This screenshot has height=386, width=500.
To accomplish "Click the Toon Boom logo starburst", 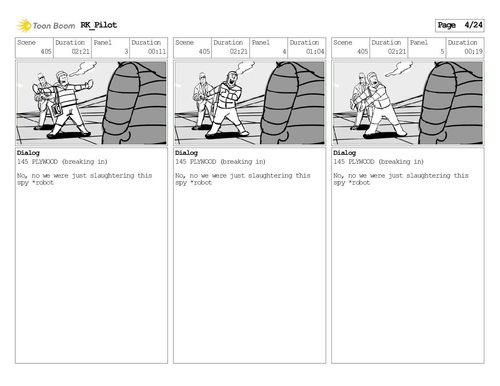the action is (24, 26).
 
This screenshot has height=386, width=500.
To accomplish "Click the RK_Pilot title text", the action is (99, 25).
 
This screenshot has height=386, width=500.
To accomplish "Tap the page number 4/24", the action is (473, 25).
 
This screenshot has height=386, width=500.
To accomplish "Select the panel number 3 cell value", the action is (126, 51).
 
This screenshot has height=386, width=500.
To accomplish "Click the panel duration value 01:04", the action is (315, 51).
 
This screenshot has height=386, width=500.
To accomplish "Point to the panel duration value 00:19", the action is (473, 51).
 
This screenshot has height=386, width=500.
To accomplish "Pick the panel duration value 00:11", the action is (157, 51).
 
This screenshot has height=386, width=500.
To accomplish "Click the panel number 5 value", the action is (442, 51).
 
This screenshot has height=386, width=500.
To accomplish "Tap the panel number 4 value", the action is (284, 51).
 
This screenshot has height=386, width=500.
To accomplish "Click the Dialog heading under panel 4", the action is (186, 153).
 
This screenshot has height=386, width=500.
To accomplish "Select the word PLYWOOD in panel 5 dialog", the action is (361, 161).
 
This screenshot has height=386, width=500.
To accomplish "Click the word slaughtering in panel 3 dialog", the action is (112, 176).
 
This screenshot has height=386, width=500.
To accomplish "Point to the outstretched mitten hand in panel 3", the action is (89, 84).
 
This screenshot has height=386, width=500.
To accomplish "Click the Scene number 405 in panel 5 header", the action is (363, 51).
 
